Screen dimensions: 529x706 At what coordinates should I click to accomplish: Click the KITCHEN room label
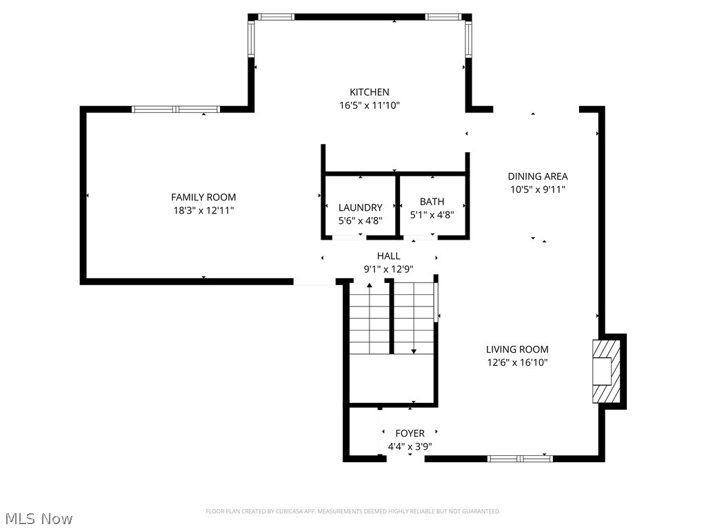pyautogui.click(x=369, y=92)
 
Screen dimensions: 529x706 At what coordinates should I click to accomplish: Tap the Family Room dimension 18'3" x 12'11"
pyautogui.click(x=203, y=210)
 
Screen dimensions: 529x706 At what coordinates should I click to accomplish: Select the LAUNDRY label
pyautogui.click(x=360, y=207)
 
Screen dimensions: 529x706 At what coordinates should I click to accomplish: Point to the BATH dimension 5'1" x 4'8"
pyautogui.click(x=432, y=214)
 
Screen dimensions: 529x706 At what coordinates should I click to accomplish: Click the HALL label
pyautogui.click(x=388, y=256)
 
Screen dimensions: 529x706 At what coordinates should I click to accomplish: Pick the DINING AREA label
pyautogui.click(x=538, y=176)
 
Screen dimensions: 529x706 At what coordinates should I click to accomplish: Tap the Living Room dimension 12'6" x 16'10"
pyautogui.click(x=517, y=362)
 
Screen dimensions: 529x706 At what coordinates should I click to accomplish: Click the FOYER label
pyautogui.click(x=410, y=433)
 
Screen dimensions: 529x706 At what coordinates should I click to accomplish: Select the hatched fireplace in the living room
pyautogui.click(x=606, y=371)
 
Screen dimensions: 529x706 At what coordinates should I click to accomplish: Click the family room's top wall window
pyautogui.click(x=176, y=109)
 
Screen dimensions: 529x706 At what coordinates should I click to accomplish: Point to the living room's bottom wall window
pyautogui.click(x=520, y=458)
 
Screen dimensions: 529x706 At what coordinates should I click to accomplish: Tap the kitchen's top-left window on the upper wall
pyautogui.click(x=276, y=17)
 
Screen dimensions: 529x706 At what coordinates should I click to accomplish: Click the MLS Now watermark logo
pyautogui.click(x=38, y=518)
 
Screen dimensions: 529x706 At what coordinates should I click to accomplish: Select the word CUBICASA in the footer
pyautogui.click(x=282, y=511)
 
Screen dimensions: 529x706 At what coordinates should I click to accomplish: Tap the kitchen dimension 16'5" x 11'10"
pyautogui.click(x=369, y=105)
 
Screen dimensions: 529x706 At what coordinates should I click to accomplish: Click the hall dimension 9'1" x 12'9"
pyautogui.click(x=388, y=269)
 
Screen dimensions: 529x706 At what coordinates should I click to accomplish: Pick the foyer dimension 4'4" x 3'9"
pyautogui.click(x=410, y=446)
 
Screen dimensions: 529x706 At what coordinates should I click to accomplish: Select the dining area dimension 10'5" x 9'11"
pyautogui.click(x=538, y=189)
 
